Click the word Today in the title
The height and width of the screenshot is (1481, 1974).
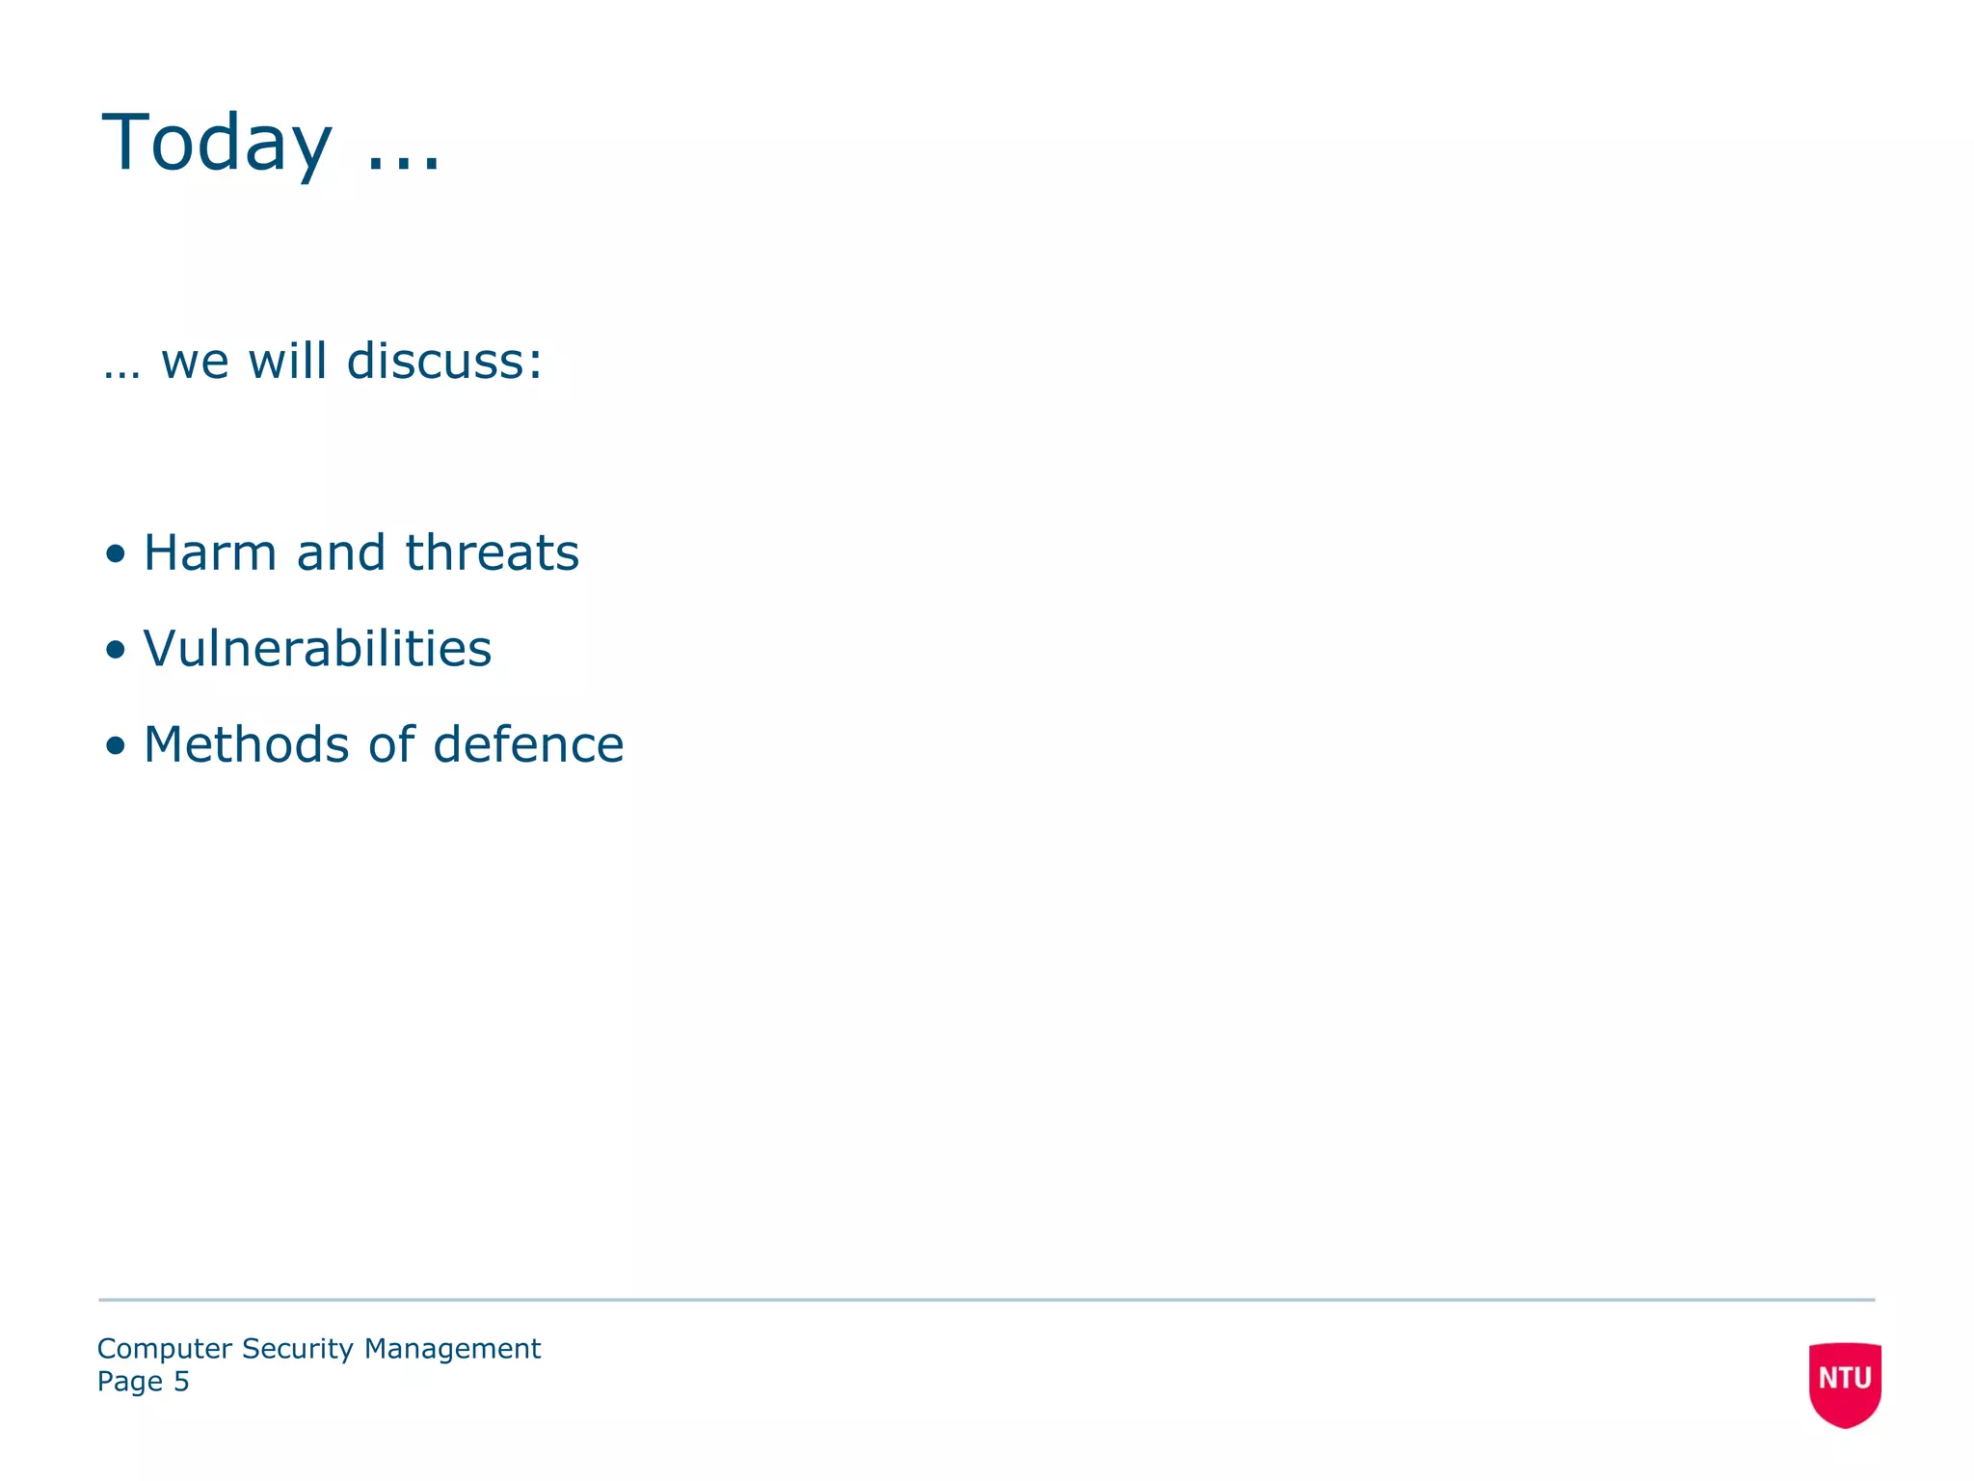click(217, 144)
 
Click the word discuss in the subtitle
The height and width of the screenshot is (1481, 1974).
click(444, 362)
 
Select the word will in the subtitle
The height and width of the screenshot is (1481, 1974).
click(287, 362)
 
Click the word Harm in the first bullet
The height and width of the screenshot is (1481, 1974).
click(210, 553)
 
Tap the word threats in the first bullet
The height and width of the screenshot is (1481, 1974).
click(492, 553)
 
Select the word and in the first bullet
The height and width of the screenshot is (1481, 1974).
click(340, 553)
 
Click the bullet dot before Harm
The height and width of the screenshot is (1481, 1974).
click(116, 554)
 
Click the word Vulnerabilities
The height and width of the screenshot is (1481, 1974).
click(317, 649)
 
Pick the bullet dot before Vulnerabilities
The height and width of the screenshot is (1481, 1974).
click(116, 650)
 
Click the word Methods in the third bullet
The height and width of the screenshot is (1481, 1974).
click(246, 745)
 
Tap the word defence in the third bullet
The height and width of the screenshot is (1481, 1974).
click(528, 745)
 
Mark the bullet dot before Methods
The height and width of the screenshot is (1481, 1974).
click(116, 745)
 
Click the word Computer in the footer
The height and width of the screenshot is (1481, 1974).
click(165, 1350)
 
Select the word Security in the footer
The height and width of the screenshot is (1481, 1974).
click(298, 1350)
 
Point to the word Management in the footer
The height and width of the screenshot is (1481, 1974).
click(452, 1350)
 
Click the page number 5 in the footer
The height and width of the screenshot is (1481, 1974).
click(181, 1382)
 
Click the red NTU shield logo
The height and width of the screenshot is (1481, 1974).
click(1845, 1383)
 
